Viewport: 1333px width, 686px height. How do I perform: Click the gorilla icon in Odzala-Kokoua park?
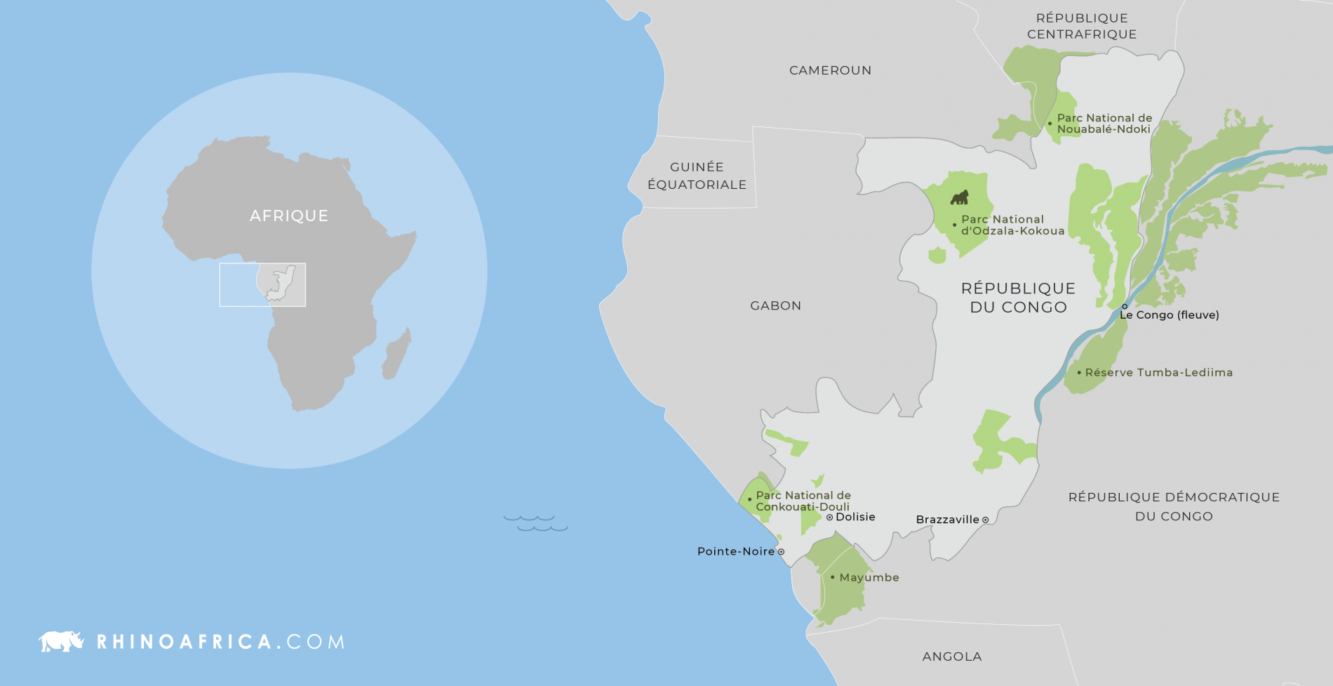tap(959, 197)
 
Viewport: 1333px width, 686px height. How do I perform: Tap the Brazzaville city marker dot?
tap(985, 520)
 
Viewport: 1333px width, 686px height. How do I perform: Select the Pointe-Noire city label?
tap(735, 551)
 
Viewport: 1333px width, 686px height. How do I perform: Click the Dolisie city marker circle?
tap(829, 517)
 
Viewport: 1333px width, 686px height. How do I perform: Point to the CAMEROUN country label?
tap(830, 70)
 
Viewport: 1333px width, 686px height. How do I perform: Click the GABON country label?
tap(775, 305)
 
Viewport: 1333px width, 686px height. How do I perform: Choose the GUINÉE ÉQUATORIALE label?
tap(697, 176)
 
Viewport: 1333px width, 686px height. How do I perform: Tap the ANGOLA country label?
tap(951, 657)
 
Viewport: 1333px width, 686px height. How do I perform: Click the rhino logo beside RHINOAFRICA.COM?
tap(61, 641)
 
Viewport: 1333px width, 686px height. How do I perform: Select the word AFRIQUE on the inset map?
tap(288, 216)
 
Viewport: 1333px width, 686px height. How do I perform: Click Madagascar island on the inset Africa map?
tap(396, 355)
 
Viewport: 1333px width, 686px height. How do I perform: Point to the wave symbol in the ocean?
tap(535, 522)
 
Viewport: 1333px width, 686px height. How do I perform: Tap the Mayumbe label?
tap(869, 577)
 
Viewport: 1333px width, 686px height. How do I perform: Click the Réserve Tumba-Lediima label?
tap(1158, 372)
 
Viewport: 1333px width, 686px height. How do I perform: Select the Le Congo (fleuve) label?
tap(1170, 315)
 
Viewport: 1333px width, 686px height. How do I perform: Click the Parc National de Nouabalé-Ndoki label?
tap(1104, 124)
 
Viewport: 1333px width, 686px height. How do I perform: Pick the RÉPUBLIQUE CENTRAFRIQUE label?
tap(1081, 26)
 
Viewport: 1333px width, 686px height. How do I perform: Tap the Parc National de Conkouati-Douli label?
tap(803, 501)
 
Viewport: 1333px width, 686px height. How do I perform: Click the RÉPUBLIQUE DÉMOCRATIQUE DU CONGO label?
tap(1174, 506)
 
